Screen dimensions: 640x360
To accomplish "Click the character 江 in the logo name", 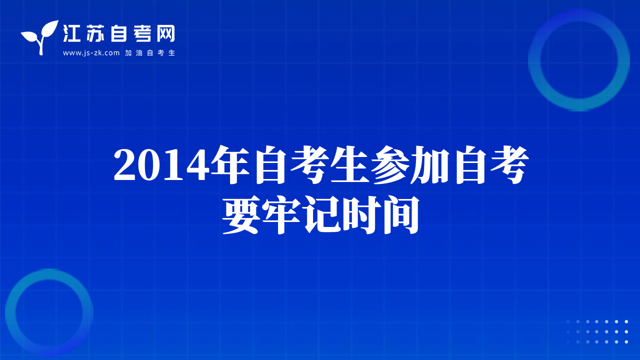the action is point(71,33).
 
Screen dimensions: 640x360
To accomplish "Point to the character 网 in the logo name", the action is point(165,33).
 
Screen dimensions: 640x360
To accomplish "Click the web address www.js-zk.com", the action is point(91,53).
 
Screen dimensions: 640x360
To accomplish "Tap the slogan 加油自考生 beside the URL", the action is point(150,53).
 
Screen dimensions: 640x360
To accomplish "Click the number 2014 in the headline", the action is point(159,165).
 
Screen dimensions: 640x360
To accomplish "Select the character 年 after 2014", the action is point(230,164).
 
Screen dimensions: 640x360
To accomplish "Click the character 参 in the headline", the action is point(390,164).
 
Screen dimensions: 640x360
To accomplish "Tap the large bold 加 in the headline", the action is point(430,165).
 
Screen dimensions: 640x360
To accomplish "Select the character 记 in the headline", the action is point(321,215).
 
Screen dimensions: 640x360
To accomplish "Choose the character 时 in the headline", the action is point(361,215).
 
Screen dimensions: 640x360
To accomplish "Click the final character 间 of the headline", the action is point(401,215).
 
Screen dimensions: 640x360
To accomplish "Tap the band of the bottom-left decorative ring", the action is point(10,312).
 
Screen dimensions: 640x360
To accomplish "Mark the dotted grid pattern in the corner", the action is point(597,331).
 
